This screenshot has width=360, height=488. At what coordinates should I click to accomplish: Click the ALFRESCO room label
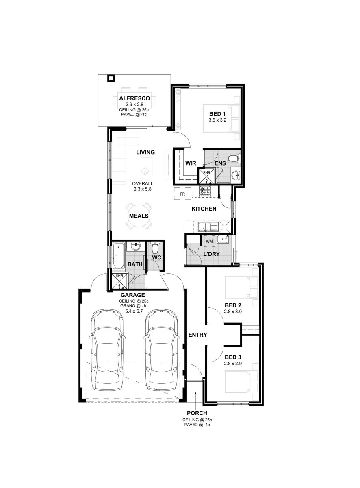[134, 98]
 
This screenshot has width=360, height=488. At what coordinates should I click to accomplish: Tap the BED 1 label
[217, 114]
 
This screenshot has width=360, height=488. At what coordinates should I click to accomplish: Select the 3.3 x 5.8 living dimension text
[143, 189]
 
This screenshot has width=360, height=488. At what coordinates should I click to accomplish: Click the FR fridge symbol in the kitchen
[182, 194]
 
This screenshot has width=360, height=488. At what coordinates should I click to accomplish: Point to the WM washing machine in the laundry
[209, 241]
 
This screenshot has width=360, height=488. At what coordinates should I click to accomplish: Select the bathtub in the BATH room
[119, 255]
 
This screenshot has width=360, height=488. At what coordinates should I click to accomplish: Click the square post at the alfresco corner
[111, 78]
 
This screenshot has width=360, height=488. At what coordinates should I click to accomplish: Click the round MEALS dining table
[139, 216]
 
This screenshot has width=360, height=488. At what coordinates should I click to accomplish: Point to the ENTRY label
[198, 335]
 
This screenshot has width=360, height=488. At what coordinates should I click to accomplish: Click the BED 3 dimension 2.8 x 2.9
[233, 364]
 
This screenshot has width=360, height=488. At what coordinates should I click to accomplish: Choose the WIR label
[191, 163]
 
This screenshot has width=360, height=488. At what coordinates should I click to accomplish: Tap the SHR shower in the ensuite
[206, 176]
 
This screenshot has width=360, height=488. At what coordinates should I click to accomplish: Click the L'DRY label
[211, 254]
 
